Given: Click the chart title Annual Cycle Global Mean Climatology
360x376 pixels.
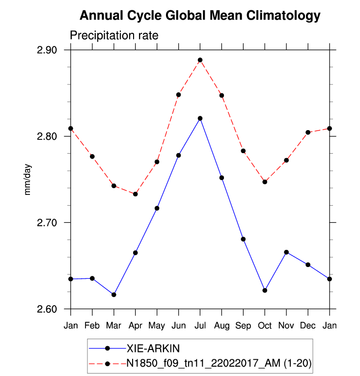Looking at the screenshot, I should [200, 16].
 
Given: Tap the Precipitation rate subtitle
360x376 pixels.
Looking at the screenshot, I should [113, 36].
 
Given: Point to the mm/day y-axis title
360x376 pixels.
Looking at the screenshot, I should [28, 180].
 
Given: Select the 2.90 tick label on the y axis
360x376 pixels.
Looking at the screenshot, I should [47, 50].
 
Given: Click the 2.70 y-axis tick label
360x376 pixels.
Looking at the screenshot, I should [47, 223].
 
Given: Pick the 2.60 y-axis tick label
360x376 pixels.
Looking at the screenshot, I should [47, 309].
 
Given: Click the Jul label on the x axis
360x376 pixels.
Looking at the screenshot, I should [200, 326].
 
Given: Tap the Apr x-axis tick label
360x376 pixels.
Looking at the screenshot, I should [135, 326].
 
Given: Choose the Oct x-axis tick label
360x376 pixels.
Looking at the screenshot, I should [265, 326].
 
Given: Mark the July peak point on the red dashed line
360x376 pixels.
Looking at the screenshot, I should [200, 60].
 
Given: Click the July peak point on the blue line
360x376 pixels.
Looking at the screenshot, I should [200, 118].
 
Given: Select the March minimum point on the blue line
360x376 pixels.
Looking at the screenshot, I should [114, 295].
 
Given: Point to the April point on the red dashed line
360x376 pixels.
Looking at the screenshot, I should [136, 194].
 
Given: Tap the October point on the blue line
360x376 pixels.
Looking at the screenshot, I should [265, 291].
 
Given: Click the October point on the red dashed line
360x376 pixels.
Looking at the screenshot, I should [265, 182].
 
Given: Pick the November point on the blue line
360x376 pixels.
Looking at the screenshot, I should [286, 252].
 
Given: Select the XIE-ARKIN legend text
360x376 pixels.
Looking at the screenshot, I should [153, 349].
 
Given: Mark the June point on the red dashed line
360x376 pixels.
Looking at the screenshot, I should [179, 95].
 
